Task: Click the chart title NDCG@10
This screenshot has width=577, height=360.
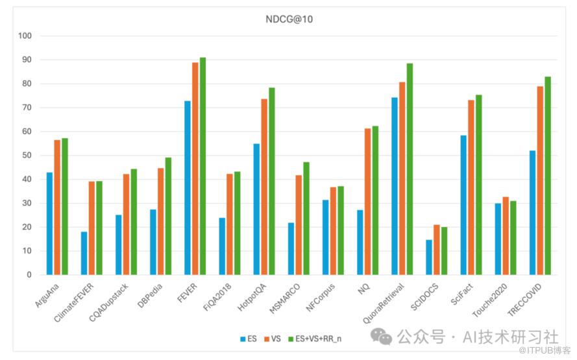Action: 289,19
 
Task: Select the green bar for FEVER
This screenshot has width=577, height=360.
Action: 203,166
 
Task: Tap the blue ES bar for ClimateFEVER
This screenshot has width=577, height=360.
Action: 84,253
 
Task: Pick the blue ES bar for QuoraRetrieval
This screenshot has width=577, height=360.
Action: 395,186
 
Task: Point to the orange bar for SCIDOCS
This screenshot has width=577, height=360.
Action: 436,250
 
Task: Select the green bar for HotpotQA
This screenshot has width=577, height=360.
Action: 272,181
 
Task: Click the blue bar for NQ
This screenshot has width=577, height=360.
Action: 360,242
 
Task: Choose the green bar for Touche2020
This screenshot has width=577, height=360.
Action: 513,237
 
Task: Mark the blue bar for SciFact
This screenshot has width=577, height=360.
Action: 463,205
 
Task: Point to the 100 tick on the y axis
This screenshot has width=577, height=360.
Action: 26,36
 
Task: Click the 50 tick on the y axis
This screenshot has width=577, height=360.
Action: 26,155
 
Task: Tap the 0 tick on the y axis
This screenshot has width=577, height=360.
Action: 29,274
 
